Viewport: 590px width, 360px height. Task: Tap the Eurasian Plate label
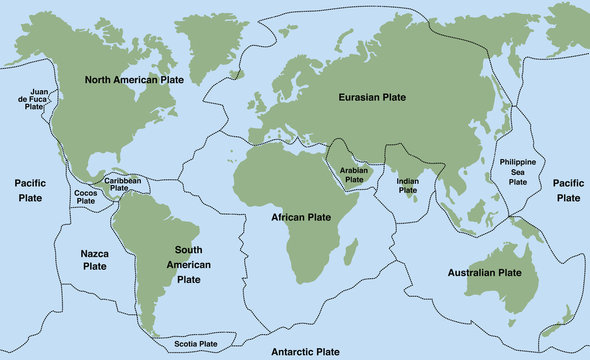click(x=370, y=96)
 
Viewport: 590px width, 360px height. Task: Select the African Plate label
click(x=300, y=216)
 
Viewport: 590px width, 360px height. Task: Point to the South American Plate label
click(x=175, y=264)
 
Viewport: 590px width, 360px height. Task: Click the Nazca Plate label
click(x=94, y=260)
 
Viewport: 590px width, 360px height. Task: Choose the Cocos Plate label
click(x=86, y=197)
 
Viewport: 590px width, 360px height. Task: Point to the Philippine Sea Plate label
click(x=517, y=172)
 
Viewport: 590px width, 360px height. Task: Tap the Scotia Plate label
click(x=196, y=344)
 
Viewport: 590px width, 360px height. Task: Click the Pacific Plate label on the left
click(x=32, y=190)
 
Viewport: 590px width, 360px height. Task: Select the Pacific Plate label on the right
click(x=568, y=190)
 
